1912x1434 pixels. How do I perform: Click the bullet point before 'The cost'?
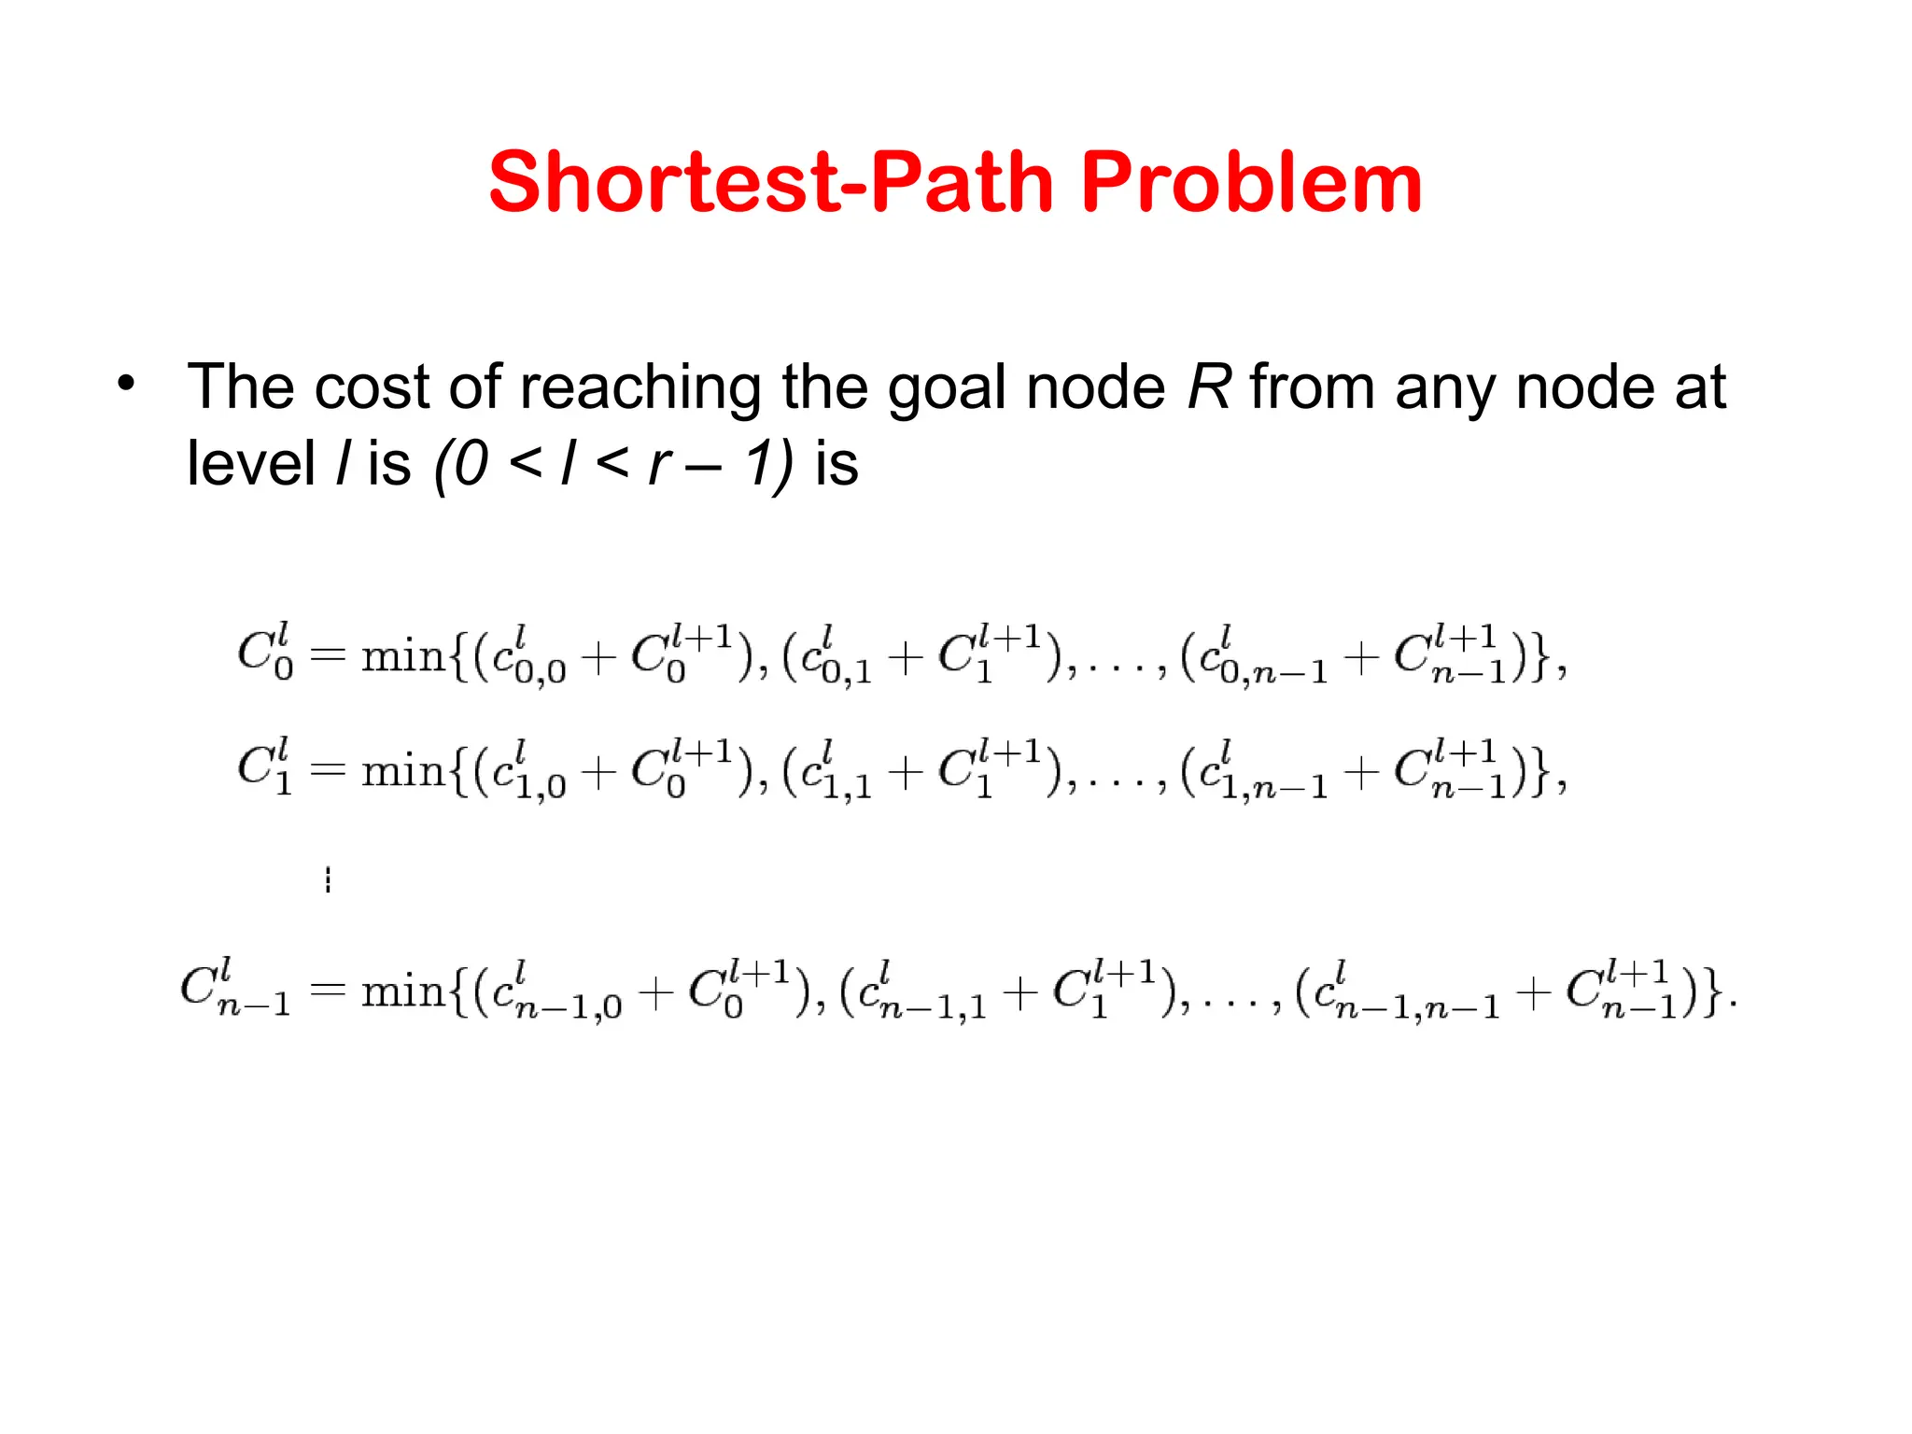click(127, 383)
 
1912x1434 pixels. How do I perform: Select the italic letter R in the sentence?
click(1208, 387)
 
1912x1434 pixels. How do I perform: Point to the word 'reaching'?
click(640, 388)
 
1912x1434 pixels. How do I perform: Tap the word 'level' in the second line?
click(250, 463)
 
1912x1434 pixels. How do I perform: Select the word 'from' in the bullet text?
click(1313, 387)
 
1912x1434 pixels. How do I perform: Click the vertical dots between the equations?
click(328, 879)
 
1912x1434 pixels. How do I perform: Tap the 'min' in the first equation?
click(403, 657)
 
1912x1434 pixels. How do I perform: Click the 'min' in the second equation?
click(403, 771)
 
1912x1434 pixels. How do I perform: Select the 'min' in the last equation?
click(403, 991)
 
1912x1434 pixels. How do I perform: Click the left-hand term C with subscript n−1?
click(234, 988)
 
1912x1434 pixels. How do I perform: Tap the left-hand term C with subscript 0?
click(264, 653)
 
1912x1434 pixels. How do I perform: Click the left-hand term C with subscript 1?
click(264, 766)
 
